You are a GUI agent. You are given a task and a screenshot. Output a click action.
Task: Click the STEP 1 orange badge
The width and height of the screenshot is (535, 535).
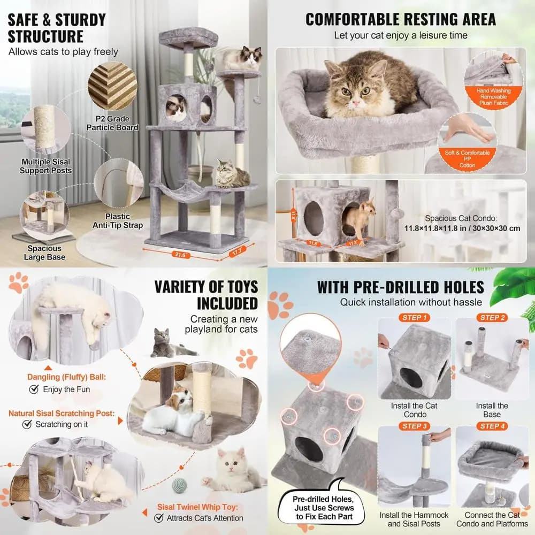pos(414,318)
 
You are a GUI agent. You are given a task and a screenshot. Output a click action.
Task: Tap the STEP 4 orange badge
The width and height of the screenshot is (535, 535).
pos(492,426)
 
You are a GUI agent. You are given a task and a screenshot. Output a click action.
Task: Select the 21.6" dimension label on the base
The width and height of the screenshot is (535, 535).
pos(181,255)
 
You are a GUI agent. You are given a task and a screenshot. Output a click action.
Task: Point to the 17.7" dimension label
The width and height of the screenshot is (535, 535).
pos(237,252)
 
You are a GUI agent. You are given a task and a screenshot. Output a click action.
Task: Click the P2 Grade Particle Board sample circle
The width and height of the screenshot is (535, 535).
pos(112,86)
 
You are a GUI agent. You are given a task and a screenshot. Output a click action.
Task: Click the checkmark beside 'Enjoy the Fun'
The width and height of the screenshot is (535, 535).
pos(34,389)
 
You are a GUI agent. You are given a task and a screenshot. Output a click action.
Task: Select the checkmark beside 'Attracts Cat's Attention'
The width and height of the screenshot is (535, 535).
pos(159,518)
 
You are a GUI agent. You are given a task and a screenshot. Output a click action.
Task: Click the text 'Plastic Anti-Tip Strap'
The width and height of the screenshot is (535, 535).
pos(118,221)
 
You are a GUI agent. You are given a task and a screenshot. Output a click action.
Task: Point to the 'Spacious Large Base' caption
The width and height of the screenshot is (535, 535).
pos(44,253)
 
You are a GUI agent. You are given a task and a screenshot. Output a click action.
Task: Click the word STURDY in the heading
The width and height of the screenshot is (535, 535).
pos(81,20)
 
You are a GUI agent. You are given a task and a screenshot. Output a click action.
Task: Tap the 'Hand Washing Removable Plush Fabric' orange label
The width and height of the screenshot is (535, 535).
pos(493,97)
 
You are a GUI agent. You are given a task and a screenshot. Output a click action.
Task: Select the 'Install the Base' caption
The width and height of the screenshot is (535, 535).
pos(492,410)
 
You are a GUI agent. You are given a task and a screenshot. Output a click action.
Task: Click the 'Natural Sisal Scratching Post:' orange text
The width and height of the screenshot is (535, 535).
pos(62,413)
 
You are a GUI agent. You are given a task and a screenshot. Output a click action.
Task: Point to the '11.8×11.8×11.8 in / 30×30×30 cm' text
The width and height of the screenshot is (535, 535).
pos(462,228)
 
